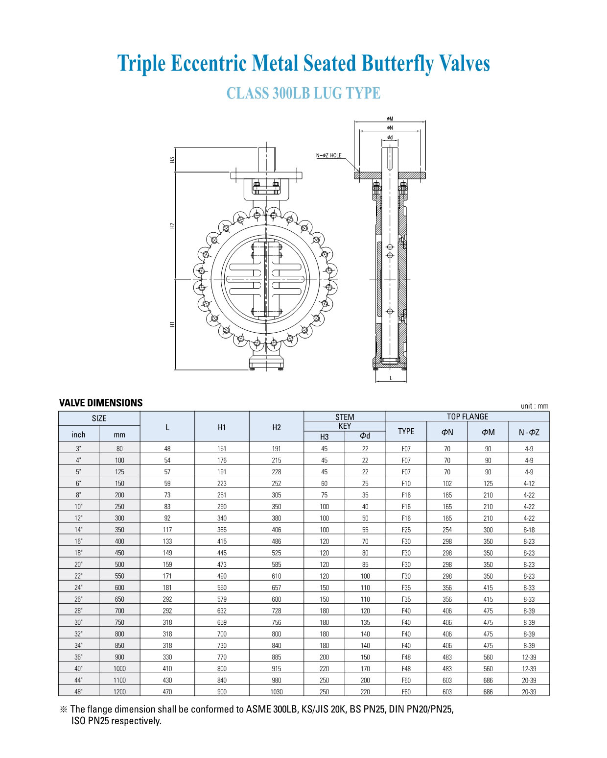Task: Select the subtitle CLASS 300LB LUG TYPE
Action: [x=303, y=93]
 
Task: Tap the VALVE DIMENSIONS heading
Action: [x=101, y=403]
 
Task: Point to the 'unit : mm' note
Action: [x=535, y=406]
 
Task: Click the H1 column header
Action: [x=222, y=427]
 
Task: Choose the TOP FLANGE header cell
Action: [x=467, y=416]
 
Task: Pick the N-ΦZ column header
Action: [x=529, y=432]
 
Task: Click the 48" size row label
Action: [x=78, y=692]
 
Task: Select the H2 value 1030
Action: [x=277, y=692]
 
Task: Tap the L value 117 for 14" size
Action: [x=167, y=530]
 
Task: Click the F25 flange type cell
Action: [x=406, y=530]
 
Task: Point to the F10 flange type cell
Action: [x=406, y=483]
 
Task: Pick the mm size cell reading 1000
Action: [x=119, y=669]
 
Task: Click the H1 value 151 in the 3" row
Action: [x=222, y=448]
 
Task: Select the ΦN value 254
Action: [x=447, y=530]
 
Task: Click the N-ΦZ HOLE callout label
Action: [x=329, y=155]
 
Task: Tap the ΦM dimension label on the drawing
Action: [x=390, y=119]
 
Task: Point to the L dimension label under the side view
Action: [x=391, y=378]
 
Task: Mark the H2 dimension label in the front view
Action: [x=172, y=226]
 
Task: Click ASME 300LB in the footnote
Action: [x=272, y=709]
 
